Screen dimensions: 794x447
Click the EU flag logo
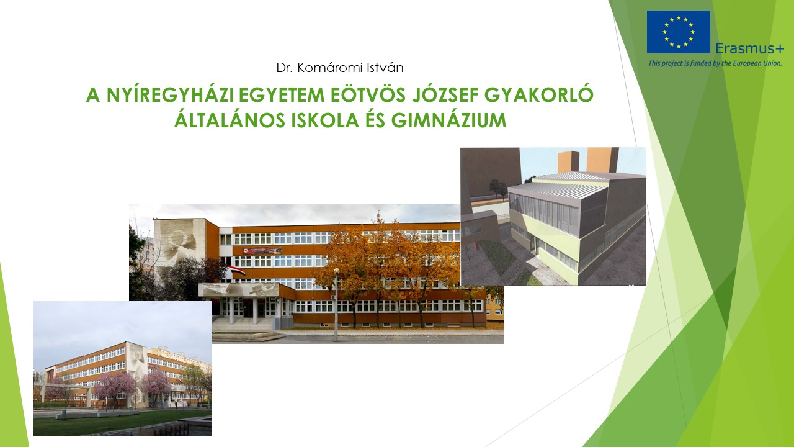click(678, 32)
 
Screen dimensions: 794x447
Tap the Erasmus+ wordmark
click(749, 48)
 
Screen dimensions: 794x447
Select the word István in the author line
click(385, 68)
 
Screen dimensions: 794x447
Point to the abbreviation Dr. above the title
click(285, 68)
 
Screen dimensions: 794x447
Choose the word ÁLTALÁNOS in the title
click(230, 120)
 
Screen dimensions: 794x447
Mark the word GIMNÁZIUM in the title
click(448, 120)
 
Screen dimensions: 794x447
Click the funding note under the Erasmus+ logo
click(715, 63)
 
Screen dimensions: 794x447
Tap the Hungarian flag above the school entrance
click(237, 272)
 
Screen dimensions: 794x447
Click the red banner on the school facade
click(262, 251)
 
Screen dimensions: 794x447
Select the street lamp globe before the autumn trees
click(336, 271)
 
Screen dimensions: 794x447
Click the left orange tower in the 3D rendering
click(568, 162)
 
